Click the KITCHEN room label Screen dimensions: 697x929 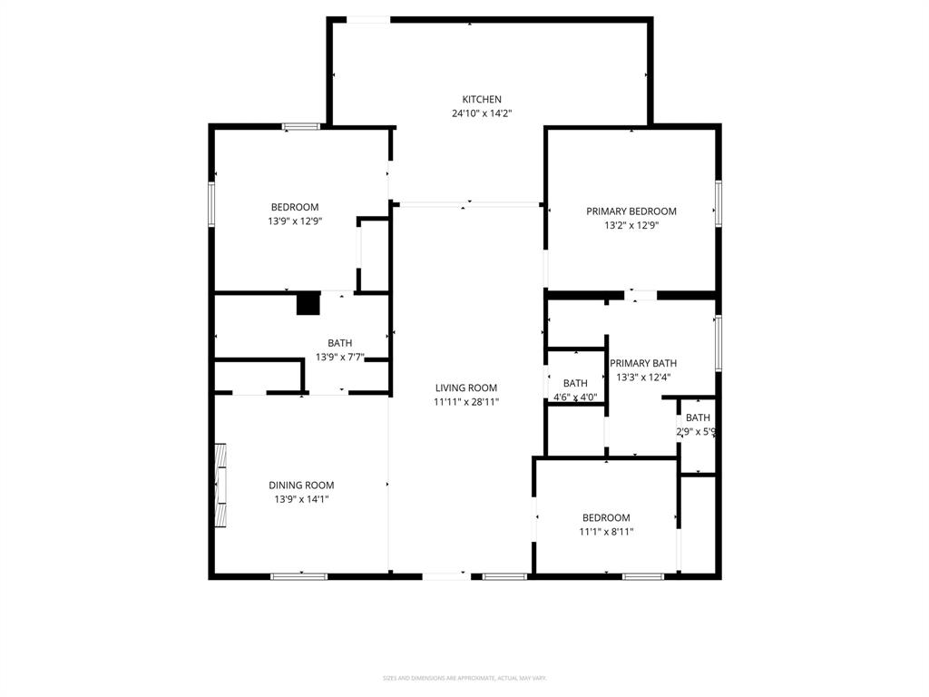[482, 100]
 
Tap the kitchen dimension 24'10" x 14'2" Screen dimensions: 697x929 [482, 113]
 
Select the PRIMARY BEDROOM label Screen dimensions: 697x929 [631, 211]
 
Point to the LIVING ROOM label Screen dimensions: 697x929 [465, 388]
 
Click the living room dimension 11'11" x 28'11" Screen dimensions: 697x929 [465, 401]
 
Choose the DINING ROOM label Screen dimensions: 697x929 [301, 486]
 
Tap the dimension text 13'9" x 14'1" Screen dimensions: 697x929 [301, 499]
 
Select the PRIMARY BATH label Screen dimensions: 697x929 [643, 363]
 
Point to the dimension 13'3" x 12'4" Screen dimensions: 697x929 [646, 377]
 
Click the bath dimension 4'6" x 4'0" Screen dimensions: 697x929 [575, 397]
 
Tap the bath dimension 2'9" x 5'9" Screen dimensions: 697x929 [698, 432]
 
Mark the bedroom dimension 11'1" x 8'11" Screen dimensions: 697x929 [606, 532]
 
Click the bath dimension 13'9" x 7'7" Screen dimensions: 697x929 [340, 357]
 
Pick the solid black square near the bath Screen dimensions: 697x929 [308, 303]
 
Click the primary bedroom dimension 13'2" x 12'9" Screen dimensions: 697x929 [631, 225]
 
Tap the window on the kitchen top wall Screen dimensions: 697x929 [369, 20]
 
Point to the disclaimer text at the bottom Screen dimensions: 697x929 [464, 678]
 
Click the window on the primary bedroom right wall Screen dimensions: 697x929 [718, 202]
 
